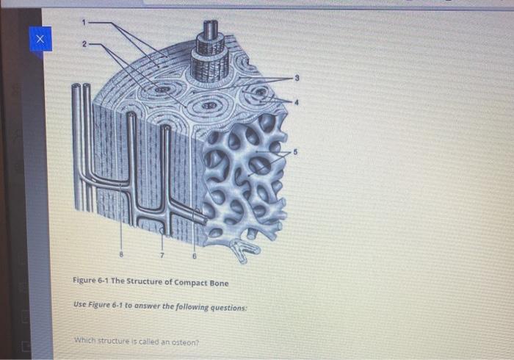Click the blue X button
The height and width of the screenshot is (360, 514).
point(41,38)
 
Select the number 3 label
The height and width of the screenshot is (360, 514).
point(297,78)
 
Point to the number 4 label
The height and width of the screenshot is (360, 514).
point(297,103)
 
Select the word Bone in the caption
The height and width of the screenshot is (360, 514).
point(217,283)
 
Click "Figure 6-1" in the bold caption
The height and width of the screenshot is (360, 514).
point(92,283)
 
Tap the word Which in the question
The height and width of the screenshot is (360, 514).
point(85,341)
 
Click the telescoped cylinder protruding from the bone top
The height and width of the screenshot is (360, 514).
point(211,44)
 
